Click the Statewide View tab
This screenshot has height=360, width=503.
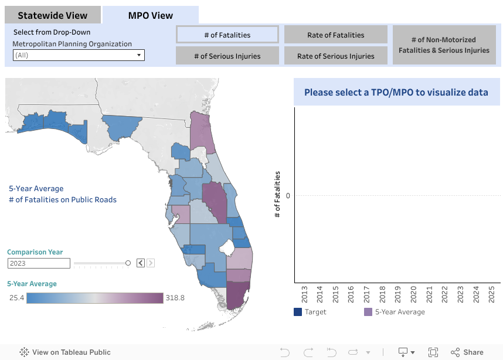tap(52, 16)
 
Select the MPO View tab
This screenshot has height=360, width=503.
tap(151, 16)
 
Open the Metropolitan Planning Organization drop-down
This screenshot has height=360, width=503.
tap(79, 55)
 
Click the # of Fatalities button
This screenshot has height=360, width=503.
tap(227, 35)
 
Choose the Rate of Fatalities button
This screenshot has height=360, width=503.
tap(336, 35)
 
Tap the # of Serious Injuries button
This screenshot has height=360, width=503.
tap(227, 56)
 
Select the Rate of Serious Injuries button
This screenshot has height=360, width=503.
tap(336, 56)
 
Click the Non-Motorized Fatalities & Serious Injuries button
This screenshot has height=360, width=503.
tap(444, 45)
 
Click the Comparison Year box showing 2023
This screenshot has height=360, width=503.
tap(39, 263)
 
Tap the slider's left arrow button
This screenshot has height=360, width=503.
tap(141, 263)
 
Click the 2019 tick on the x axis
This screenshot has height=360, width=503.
tap(398, 294)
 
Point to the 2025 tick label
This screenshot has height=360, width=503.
tap(492, 294)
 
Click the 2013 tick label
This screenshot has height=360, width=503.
tap(304, 294)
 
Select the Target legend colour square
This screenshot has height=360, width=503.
tap(298, 312)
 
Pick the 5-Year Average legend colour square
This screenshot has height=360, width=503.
tap(368, 312)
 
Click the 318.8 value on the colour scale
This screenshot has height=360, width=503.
tap(175, 298)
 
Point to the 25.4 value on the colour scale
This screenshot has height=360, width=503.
tap(16, 298)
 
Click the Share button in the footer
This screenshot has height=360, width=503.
tap(467, 352)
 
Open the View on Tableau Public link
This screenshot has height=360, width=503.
tap(65, 352)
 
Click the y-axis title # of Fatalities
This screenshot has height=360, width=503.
tap(277, 195)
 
